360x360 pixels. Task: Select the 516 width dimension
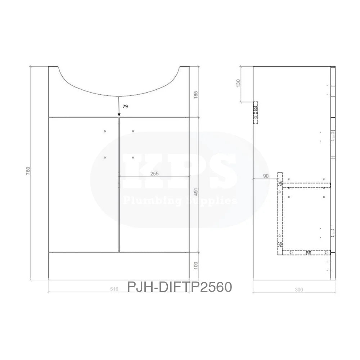[114, 289]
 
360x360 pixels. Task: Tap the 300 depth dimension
[298, 289]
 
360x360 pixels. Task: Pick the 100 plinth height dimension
[195, 266]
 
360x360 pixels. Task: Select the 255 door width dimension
[154, 174]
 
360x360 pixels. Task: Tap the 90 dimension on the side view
[266, 176]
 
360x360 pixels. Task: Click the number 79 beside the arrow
[125, 107]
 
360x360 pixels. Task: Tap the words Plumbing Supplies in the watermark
[180, 200]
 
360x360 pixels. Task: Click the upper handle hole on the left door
[105, 131]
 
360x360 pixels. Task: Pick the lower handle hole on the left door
[105, 157]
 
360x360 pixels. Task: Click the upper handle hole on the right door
[133, 131]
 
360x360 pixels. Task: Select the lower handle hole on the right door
[133, 157]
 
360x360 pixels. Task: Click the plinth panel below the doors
[119, 265]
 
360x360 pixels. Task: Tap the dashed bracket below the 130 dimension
[255, 112]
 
